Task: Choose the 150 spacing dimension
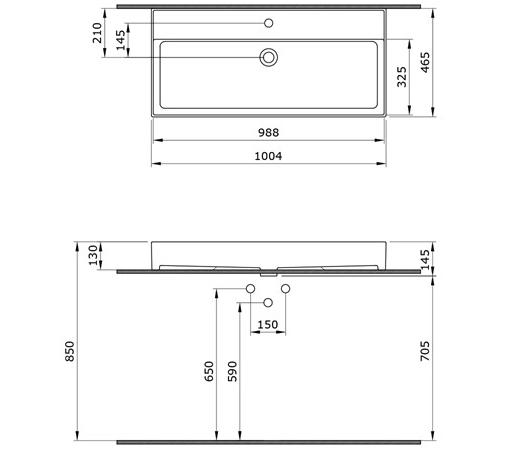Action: pos(268,323)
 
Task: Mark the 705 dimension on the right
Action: pos(425,352)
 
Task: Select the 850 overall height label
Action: pos(71,353)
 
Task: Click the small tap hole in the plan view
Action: pos(267,23)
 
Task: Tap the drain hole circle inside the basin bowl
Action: pos(267,58)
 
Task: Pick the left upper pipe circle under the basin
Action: pos(250,289)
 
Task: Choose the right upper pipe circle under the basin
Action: pos(285,289)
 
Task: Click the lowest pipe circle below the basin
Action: pos(267,302)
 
